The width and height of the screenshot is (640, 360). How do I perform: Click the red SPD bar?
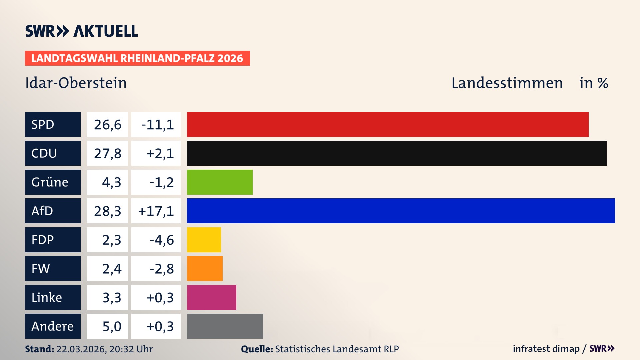pos(388,124)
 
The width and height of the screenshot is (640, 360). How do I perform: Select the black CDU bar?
pos(397,153)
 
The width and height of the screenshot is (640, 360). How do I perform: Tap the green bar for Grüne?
pos(220,182)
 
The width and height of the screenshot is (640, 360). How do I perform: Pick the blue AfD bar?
pos(401,211)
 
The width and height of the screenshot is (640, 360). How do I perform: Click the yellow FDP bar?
pos(204,240)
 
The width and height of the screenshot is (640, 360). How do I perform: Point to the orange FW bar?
pos(205,268)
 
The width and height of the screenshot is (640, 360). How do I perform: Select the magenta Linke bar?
pos(211,297)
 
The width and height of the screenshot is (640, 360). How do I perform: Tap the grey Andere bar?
pos(225,326)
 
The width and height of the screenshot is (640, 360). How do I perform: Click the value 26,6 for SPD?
pos(107,124)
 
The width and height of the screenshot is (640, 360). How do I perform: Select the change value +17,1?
pos(156,211)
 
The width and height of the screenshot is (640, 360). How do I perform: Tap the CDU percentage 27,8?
pos(107,153)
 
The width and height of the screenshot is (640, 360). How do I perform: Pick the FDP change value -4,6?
pos(161,240)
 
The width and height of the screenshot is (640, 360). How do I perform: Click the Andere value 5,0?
pos(111,326)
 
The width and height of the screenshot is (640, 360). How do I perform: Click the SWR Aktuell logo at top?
pos(81,31)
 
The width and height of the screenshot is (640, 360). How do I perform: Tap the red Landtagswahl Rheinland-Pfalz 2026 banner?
pos(137,58)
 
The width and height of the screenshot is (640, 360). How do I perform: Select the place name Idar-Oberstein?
pos(76,83)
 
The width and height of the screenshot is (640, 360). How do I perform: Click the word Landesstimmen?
pos(507,83)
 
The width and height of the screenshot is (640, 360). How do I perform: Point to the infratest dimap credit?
pos(546,349)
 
